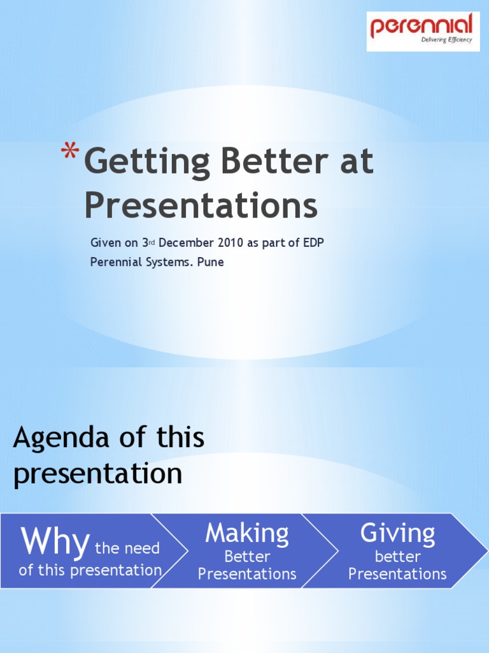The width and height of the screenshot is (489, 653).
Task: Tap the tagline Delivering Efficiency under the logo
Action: [446, 40]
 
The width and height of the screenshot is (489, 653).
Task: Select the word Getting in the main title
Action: [147, 163]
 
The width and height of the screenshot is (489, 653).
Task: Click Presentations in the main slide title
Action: [201, 206]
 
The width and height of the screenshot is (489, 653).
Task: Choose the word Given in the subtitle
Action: [104, 243]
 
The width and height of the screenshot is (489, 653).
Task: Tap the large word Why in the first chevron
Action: [55, 542]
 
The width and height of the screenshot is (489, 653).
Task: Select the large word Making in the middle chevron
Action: [247, 533]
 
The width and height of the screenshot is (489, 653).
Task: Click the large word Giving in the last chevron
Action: [397, 533]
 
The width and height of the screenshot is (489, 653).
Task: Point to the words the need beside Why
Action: [127, 548]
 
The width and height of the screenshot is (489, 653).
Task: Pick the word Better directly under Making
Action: [247, 557]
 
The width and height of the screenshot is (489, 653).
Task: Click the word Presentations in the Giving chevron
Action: [397, 574]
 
